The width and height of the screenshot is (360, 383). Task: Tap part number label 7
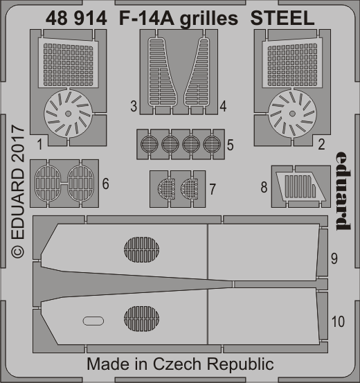[213, 188]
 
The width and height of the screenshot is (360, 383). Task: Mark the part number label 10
[337, 321]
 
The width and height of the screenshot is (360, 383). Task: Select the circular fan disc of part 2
[291, 111]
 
